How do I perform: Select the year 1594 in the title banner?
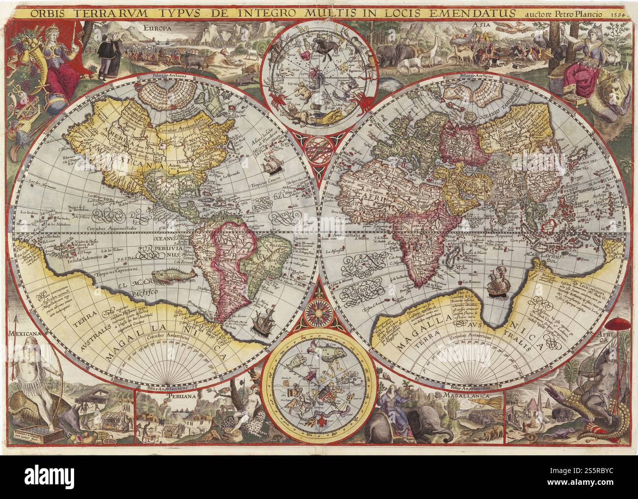click(x=619, y=13)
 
